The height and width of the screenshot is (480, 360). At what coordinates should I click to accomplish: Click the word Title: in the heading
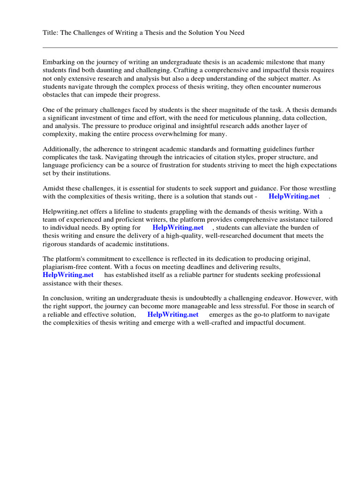tap(51, 33)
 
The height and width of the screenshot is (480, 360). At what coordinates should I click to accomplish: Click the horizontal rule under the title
tap(190, 47)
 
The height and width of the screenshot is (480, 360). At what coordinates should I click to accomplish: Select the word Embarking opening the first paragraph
tap(59, 62)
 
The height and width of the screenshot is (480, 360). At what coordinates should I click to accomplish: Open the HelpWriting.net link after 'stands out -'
tap(294, 196)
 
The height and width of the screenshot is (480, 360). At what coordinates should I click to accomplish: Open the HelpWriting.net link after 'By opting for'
tap(178, 228)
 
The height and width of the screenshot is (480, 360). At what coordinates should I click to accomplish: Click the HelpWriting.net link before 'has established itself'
tap(68, 275)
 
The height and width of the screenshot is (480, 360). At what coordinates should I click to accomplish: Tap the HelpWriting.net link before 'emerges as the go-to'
tap(173, 315)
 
